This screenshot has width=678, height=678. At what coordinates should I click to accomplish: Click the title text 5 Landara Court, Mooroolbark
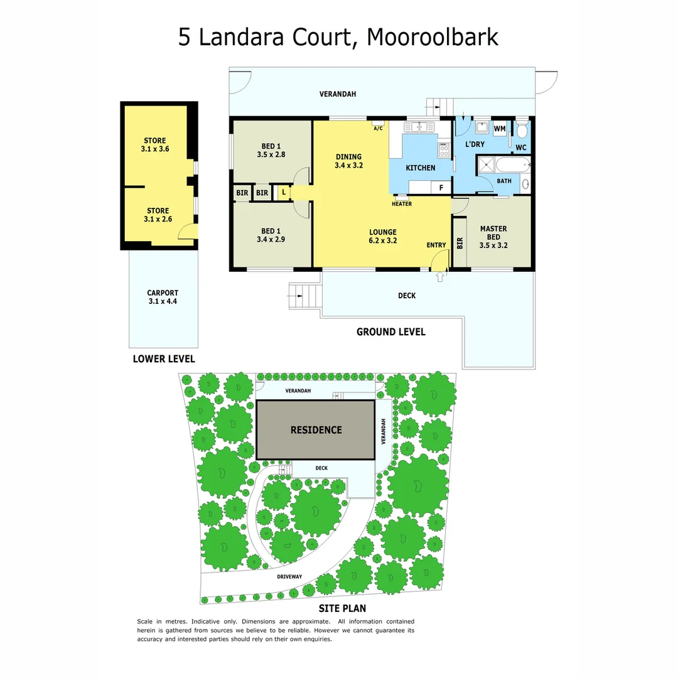tap(338, 36)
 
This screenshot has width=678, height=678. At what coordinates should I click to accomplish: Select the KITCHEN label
tap(420, 168)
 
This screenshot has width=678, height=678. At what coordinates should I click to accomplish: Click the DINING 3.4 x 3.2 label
tap(348, 161)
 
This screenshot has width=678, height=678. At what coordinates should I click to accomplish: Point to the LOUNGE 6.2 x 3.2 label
tap(382, 236)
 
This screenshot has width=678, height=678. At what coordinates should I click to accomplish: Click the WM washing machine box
tap(500, 129)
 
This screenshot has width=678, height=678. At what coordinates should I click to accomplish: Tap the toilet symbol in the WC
tap(522, 131)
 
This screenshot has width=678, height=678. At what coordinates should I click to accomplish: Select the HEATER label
tap(401, 204)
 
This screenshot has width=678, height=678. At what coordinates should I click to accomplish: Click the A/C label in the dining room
tap(378, 129)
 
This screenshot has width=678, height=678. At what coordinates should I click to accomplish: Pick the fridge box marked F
tap(441, 187)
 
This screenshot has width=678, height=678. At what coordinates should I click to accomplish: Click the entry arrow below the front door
tap(439, 276)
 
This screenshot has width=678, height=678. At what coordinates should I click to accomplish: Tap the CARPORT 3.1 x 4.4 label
tap(163, 297)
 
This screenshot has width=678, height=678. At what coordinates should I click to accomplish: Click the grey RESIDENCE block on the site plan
tap(316, 430)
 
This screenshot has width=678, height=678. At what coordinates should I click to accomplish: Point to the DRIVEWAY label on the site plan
tap(289, 576)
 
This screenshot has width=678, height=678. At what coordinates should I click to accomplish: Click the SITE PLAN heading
tap(342, 608)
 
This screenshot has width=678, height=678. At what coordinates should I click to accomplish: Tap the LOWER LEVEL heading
tap(164, 359)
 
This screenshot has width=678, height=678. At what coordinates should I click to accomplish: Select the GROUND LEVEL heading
tap(390, 331)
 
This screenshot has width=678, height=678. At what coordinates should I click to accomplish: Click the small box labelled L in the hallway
tap(284, 193)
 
